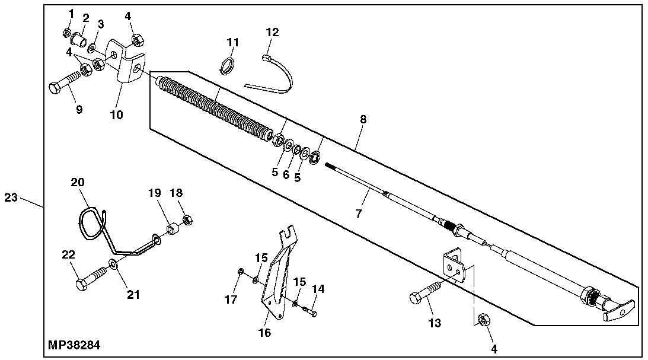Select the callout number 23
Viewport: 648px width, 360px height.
click(x=11, y=197)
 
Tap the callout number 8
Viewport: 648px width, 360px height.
click(x=363, y=119)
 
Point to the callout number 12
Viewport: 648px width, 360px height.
click(x=272, y=32)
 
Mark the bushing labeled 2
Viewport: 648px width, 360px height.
click(x=81, y=42)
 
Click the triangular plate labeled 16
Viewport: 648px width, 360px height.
click(x=274, y=273)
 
